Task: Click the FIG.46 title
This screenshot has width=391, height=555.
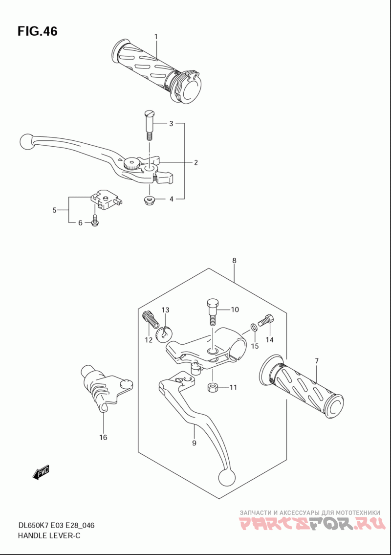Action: tap(37, 31)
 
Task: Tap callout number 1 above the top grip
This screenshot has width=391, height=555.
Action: tap(156, 37)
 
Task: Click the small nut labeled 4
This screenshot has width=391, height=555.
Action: tap(148, 200)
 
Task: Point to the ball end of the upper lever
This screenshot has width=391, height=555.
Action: tap(26, 142)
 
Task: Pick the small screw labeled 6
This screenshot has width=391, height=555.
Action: tap(95, 220)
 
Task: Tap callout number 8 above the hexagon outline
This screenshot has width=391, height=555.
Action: tap(234, 261)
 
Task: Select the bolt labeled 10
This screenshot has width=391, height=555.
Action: tap(212, 312)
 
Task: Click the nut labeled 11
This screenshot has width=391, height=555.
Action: tap(212, 387)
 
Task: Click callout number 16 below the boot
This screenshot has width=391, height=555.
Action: tap(103, 437)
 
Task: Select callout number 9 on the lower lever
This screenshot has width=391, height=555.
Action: tap(194, 443)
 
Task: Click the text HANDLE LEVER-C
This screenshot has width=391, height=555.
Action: tap(49, 535)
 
